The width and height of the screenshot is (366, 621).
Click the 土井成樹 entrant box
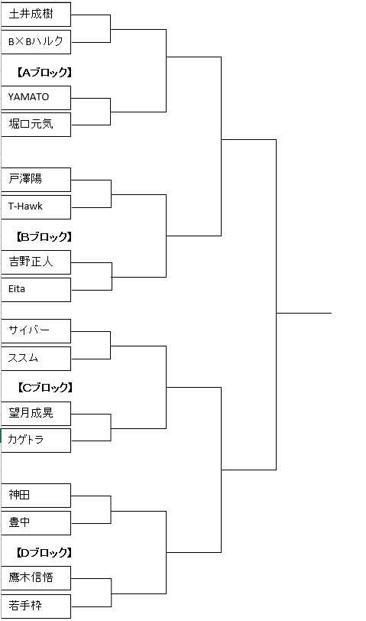(x=36, y=15)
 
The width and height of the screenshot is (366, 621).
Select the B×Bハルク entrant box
(x=36, y=41)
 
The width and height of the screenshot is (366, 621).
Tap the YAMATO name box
(x=36, y=97)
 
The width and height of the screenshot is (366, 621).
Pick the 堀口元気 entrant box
(x=36, y=125)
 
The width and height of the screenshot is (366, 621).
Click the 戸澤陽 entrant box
(x=36, y=180)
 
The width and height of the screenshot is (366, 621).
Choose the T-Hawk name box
(x=36, y=206)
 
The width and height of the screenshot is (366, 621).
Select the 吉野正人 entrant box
(x=36, y=262)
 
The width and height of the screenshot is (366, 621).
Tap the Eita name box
(x=36, y=290)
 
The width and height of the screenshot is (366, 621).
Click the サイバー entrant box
(x=36, y=330)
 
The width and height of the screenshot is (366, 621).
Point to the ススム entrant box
(x=36, y=359)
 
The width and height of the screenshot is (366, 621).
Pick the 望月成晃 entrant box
(x=36, y=414)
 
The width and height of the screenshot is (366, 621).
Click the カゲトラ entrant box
(x=36, y=440)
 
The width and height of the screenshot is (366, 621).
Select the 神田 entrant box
(x=36, y=495)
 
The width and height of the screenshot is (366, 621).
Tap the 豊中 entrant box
(x=36, y=523)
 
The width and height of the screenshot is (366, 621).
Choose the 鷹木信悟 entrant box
(x=36, y=578)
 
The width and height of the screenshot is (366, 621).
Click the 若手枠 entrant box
(x=36, y=606)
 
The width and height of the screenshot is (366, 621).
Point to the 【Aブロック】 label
(x=44, y=72)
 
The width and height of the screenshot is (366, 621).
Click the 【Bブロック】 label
(x=44, y=237)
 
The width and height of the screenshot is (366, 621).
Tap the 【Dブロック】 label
(x=44, y=552)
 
